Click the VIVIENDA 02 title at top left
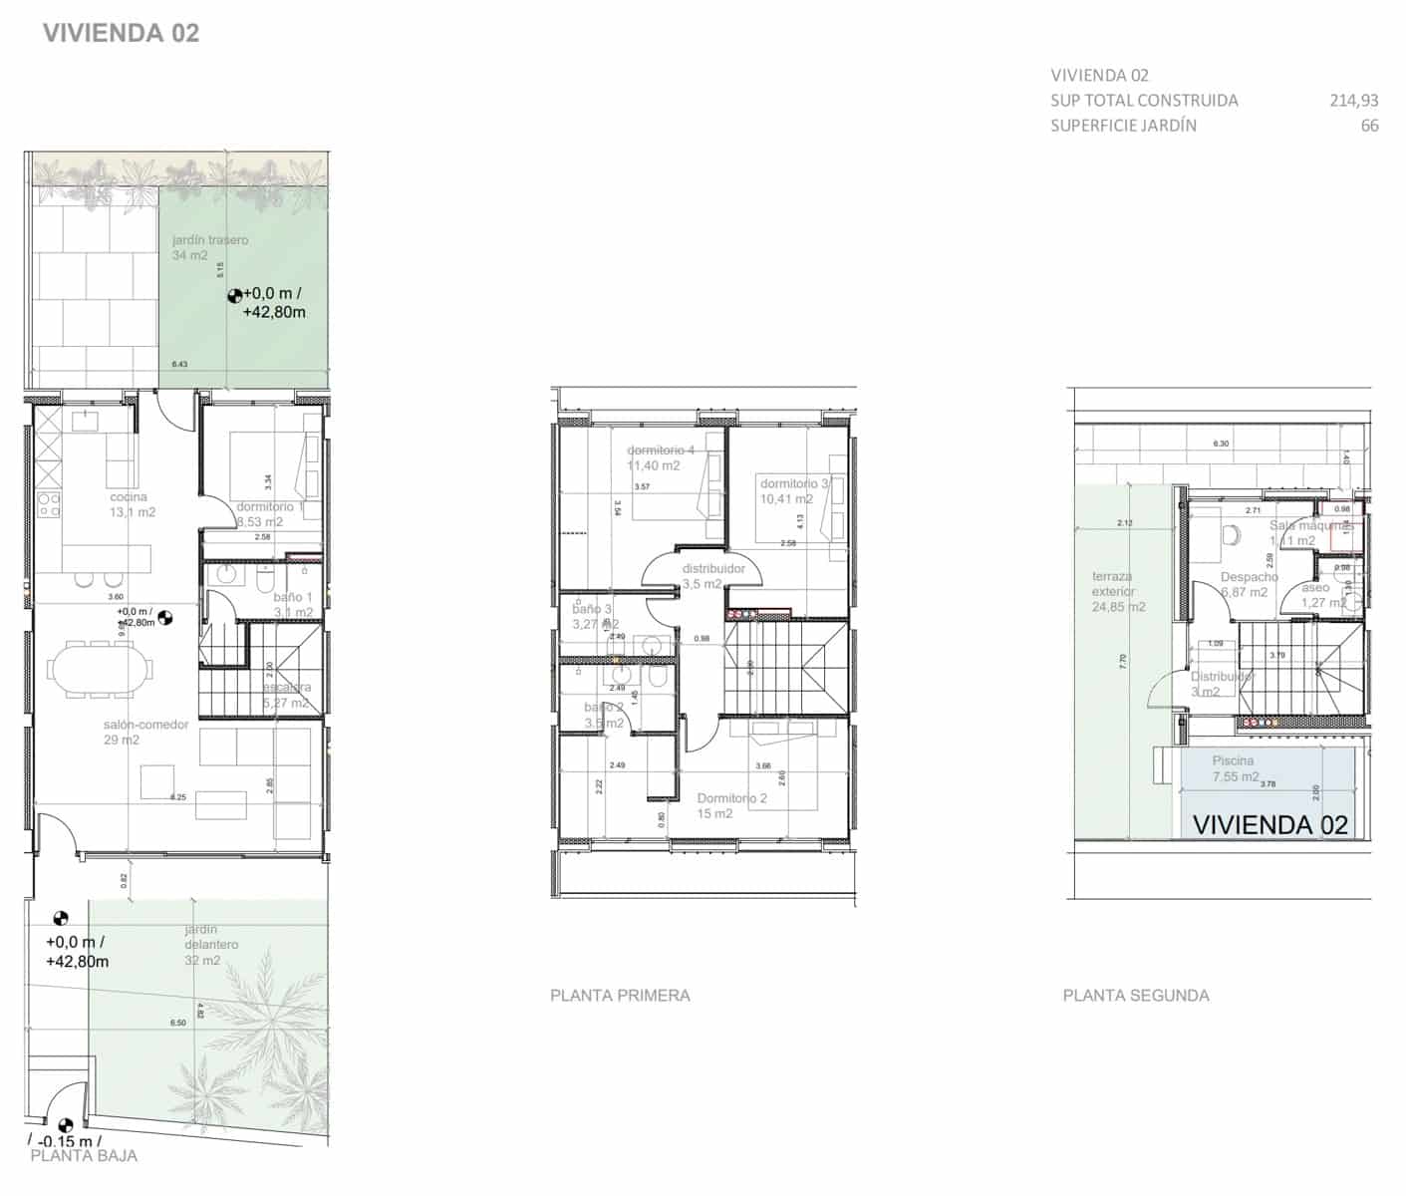[x=121, y=33]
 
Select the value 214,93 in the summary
[x=1353, y=100]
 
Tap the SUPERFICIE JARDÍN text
[x=1123, y=126]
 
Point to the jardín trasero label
[x=209, y=240]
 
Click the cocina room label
[x=129, y=497]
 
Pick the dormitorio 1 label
[x=270, y=506]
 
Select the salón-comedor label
[x=145, y=725]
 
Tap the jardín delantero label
[x=210, y=937]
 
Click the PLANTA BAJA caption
[x=84, y=1156]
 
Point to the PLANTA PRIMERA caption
[x=620, y=995]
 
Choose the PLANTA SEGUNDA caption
[x=1136, y=995]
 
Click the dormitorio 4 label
[x=661, y=450]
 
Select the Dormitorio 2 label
[x=731, y=798]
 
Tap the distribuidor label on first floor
[x=713, y=569]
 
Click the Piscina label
[x=1233, y=760]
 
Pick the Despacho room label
[x=1249, y=577]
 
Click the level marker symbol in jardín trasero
[x=235, y=295]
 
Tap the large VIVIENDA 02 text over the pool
[x=1269, y=824]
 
